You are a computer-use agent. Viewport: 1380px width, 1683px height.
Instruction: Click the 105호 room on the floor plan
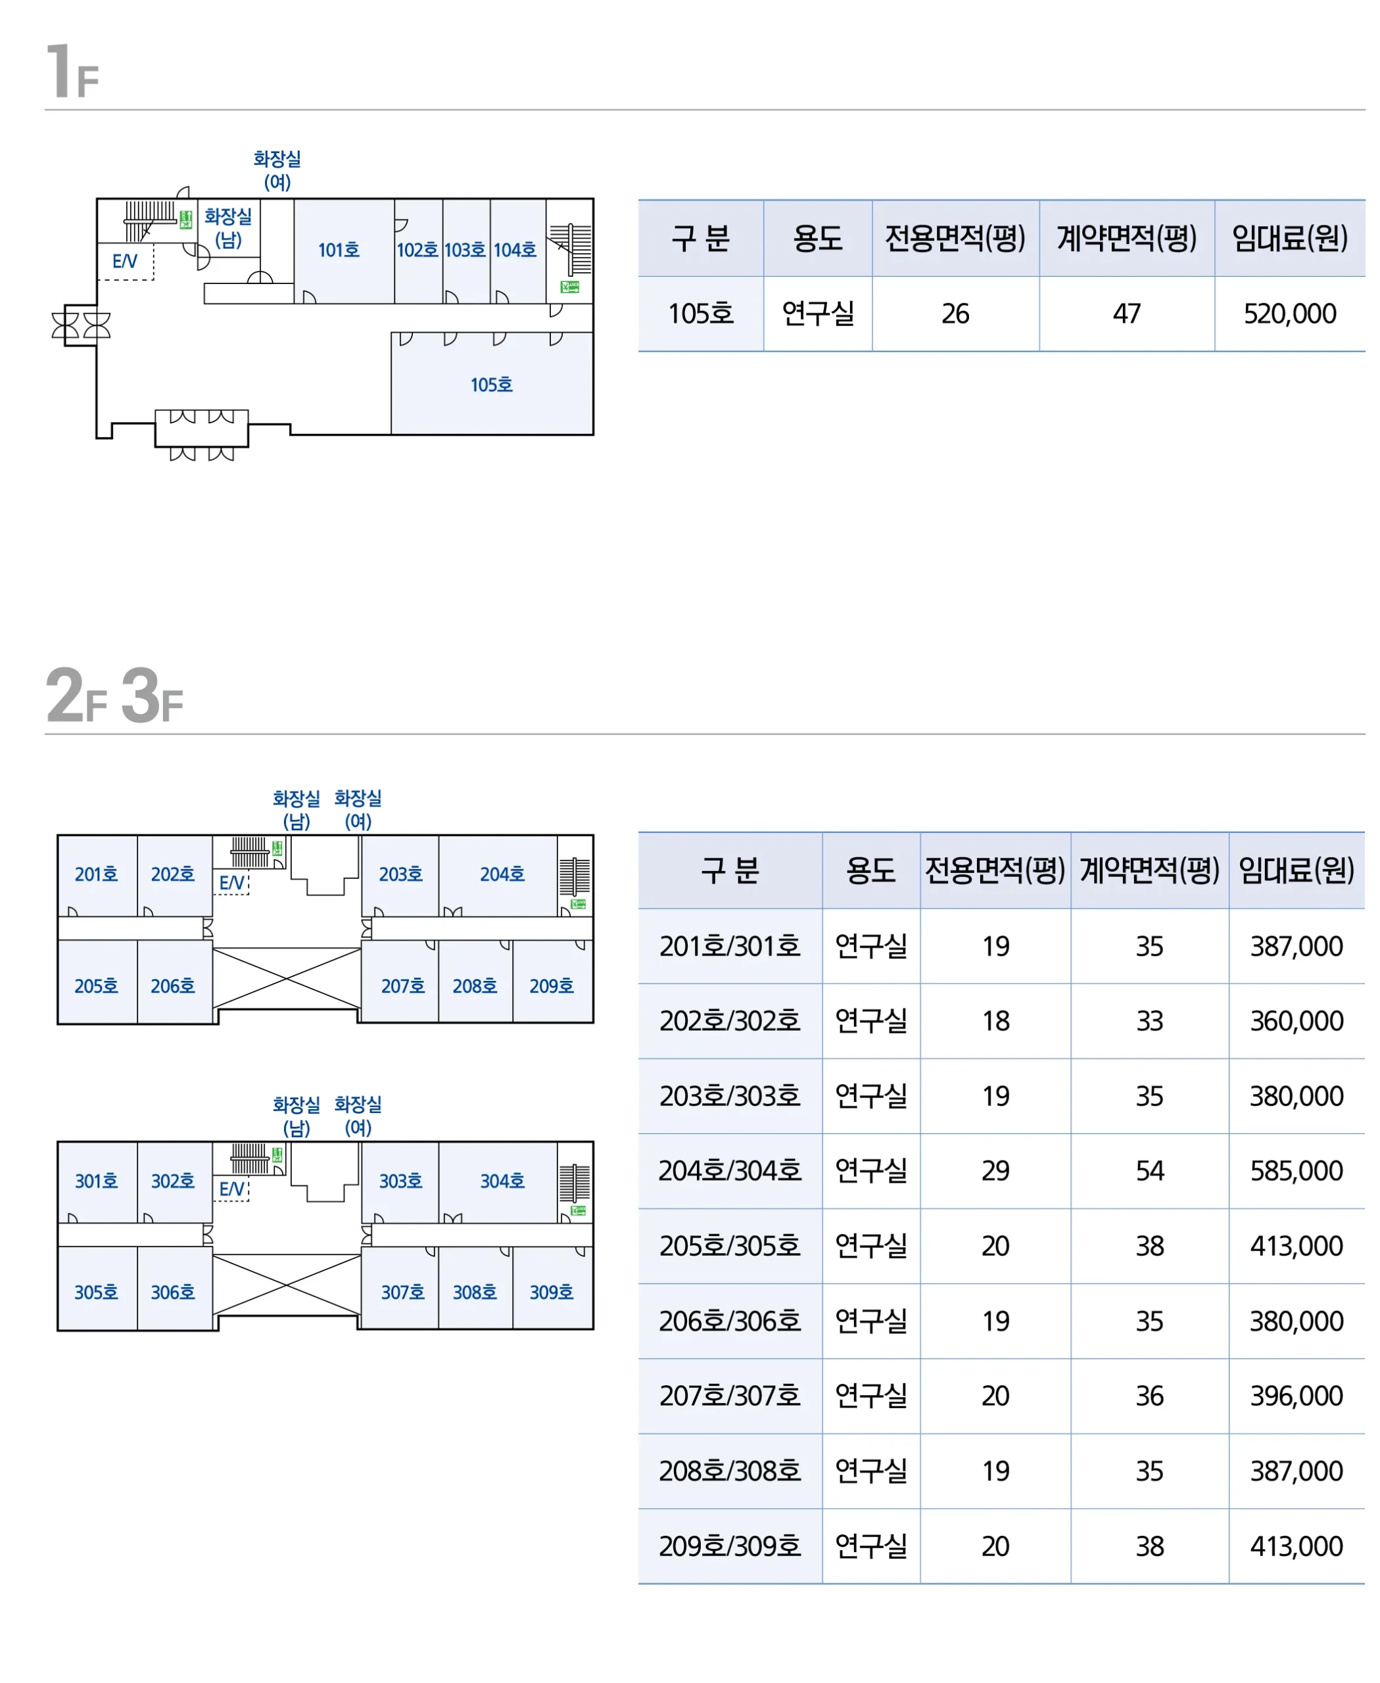(x=491, y=385)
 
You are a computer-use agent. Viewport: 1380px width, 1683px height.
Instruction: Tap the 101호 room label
(x=339, y=250)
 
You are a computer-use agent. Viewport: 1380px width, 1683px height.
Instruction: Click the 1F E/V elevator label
(x=125, y=261)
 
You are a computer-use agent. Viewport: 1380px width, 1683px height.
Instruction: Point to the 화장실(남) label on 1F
(x=228, y=228)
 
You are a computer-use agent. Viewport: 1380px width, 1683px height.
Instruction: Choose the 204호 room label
(x=502, y=874)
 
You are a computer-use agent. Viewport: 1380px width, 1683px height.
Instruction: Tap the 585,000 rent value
(x=1297, y=1171)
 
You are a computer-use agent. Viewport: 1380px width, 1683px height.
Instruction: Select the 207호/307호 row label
(x=730, y=1395)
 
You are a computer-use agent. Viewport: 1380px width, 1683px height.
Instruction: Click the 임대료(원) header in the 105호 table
(x=1289, y=238)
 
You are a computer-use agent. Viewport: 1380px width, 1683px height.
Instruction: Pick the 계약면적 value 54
(x=1149, y=1171)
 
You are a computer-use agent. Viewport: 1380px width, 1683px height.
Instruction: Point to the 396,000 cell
(x=1297, y=1395)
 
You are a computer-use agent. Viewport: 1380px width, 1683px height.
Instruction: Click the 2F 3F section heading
(x=114, y=696)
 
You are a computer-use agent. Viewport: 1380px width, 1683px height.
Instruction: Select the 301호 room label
(x=96, y=1181)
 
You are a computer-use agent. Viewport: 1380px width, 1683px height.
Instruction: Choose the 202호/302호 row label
(x=730, y=1021)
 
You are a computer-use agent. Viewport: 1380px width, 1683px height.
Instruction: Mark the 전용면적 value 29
(x=995, y=1171)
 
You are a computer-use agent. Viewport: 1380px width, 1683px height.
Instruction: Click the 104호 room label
(x=515, y=250)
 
